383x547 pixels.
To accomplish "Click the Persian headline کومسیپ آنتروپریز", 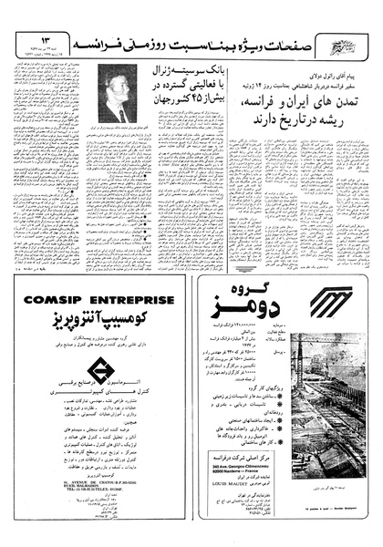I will [x=99, y=320].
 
